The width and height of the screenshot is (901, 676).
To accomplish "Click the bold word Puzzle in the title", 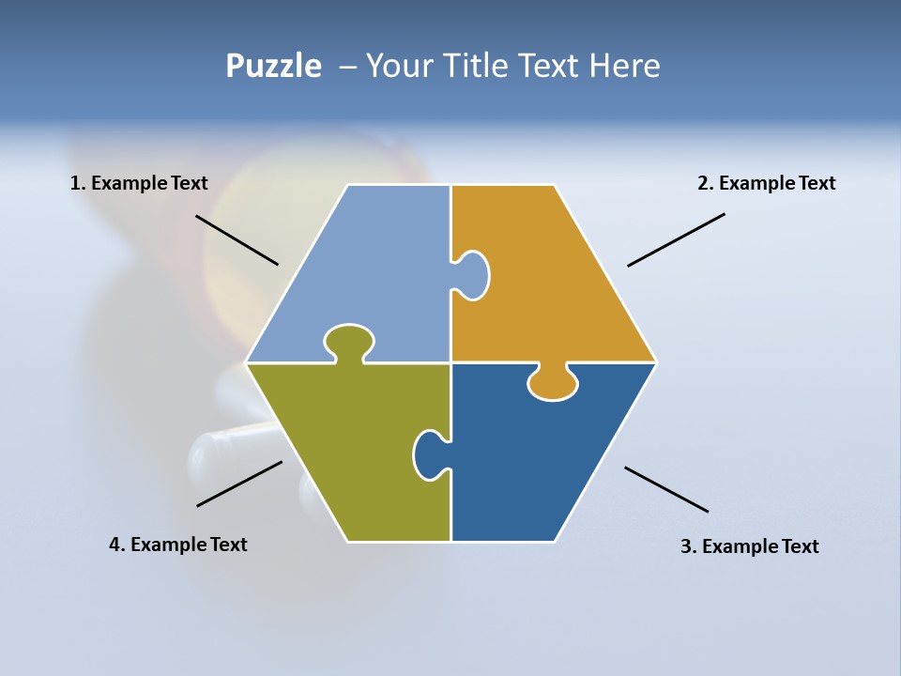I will pos(273,66).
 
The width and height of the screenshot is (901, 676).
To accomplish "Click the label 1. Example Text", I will pos(139,183).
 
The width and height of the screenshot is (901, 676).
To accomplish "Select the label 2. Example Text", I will pos(766,183).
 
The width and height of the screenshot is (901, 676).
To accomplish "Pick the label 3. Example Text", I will pos(749,546).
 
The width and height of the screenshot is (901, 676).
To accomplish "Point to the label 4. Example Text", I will pos(177,545).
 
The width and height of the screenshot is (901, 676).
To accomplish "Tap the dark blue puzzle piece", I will pos(544,460).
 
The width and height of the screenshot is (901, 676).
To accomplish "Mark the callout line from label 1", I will pos(237,239).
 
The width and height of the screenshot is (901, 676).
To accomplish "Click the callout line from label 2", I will pos(676,239).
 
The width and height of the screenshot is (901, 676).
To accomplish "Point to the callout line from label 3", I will pos(666,489).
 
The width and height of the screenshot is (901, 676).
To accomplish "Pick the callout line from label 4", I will pos(239,483).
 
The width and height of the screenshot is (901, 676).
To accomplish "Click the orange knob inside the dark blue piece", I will pos(553,382).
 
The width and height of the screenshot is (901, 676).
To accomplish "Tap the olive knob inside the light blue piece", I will pos(349,341).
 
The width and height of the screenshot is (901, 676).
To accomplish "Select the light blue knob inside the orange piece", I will pos(472,275).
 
